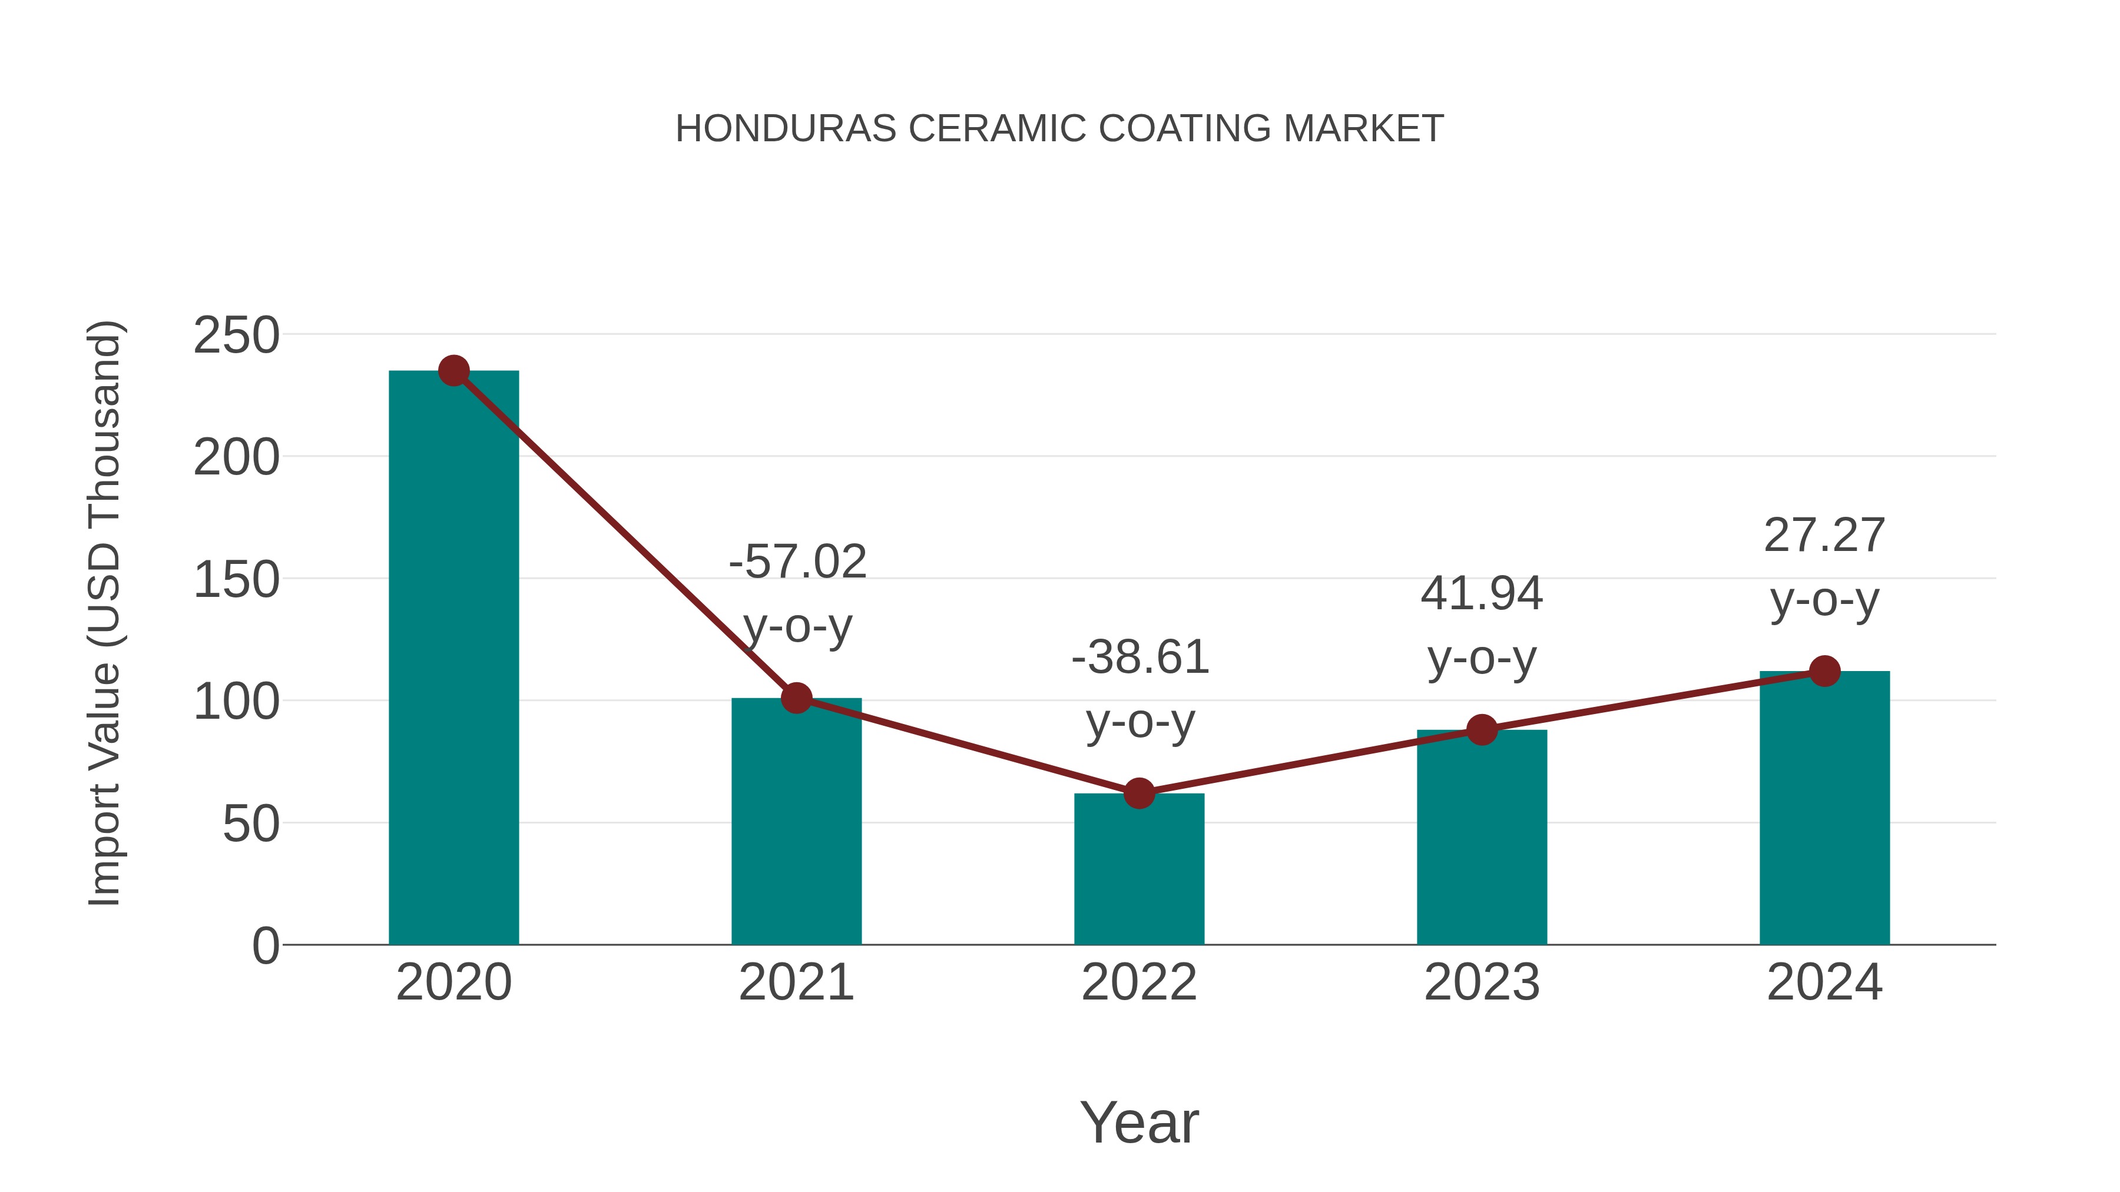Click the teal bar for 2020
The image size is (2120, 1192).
tap(453, 658)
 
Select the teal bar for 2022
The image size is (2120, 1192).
tap(1139, 869)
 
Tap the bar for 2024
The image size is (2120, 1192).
tap(1824, 808)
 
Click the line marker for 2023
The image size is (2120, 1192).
tap(1482, 730)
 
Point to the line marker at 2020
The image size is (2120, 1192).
tap(453, 371)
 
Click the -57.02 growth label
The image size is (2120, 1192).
tap(797, 563)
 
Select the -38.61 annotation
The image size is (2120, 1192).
tap(1140, 658)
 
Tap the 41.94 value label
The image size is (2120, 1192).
tap(1482, 594)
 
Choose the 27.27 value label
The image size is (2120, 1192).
tap(1824, 536)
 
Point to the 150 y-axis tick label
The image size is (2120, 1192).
tap(236, 580)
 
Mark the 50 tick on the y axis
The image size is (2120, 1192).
tap(251, 824)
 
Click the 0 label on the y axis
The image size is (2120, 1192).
tap(265, 946)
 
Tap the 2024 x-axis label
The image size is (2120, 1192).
tap(1824, 982)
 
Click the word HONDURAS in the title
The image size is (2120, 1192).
tap(786, 129)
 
